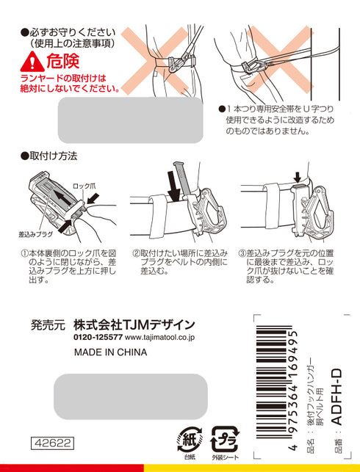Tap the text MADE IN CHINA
pos(110,352)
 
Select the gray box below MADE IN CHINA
pos(131,396)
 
